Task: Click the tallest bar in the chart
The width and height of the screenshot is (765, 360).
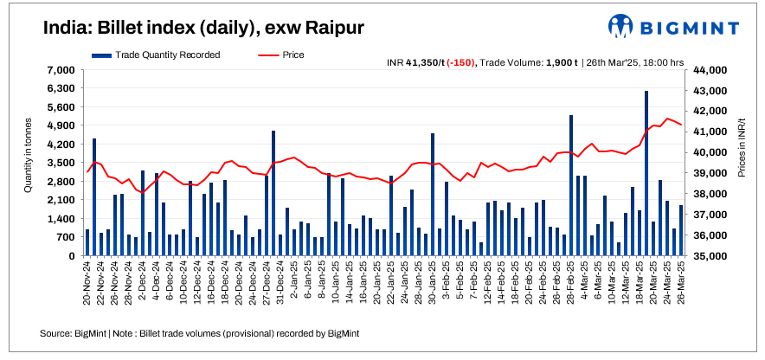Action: click(646, 173)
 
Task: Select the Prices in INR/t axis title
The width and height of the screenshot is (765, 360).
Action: click(742, 149)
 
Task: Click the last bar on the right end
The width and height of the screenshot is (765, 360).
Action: click(681, 230)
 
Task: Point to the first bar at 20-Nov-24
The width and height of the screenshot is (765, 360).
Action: click(87, 242)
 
